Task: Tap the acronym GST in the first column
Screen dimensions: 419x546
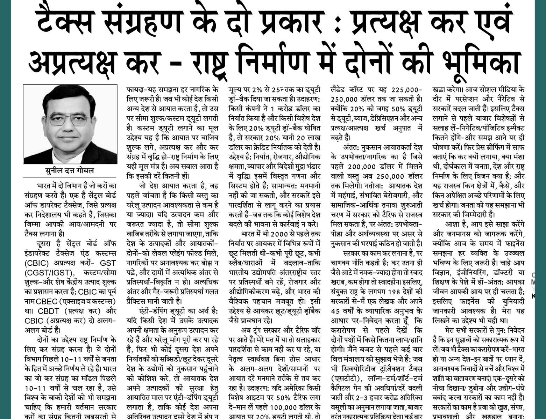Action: click(108, 262)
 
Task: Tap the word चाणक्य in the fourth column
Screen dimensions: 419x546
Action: click(342, 262)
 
